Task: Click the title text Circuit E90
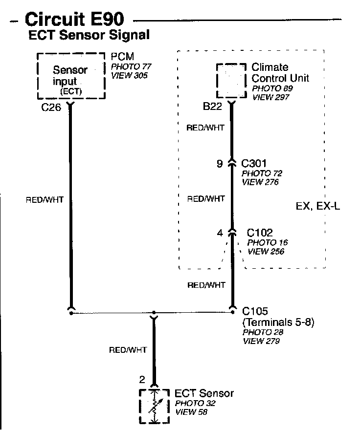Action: (x=74, y=20)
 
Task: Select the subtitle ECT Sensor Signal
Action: (x=89, y=36)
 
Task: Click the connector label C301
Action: (x=254, y=164)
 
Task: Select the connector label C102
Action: (x=260, y=233)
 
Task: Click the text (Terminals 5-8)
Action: (x=278, y=322)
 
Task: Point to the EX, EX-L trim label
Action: (x=318, y=206)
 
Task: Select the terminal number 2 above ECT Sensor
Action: (x=143, y=379)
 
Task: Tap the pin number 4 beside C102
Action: (x=219, y=233)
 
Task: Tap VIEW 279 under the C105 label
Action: (x=261, y=341)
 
